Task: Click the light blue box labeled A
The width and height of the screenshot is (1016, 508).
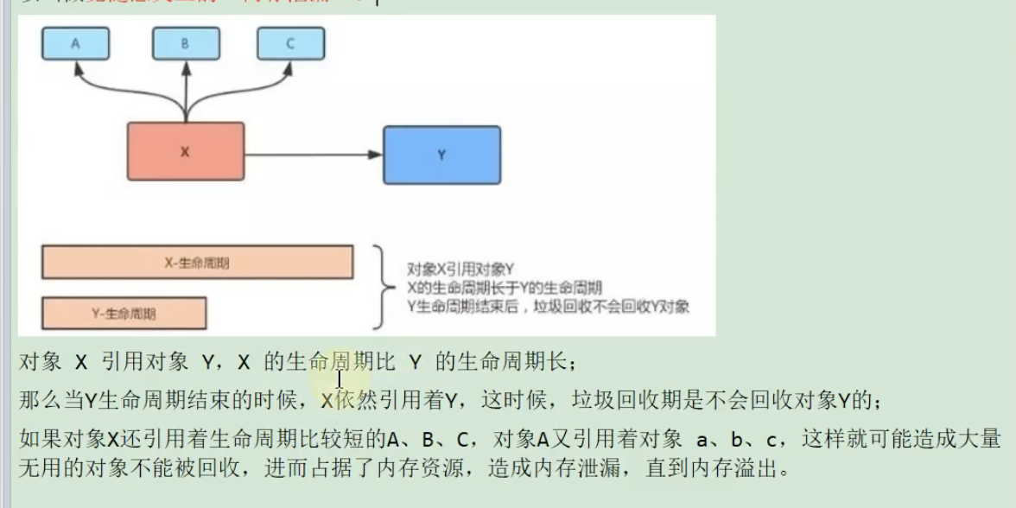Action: tap(76, 43)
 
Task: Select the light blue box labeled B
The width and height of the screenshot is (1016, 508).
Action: tap(184, 43)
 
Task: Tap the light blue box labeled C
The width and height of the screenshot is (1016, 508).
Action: tap(290, 43)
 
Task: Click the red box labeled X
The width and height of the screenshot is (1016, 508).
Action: tap(185, 152)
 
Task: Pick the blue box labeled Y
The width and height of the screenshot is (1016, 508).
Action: tap(441, 156)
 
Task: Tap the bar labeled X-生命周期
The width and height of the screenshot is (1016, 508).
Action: tap(197, 263)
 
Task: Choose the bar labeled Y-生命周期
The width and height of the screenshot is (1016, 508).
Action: tap(124, 314)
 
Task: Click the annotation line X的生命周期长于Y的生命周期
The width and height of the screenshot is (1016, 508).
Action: tap(504, 288)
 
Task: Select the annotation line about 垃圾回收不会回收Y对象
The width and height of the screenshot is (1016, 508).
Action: tap(548, 307)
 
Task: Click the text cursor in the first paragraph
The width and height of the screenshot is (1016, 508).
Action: tap(340, 378)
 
